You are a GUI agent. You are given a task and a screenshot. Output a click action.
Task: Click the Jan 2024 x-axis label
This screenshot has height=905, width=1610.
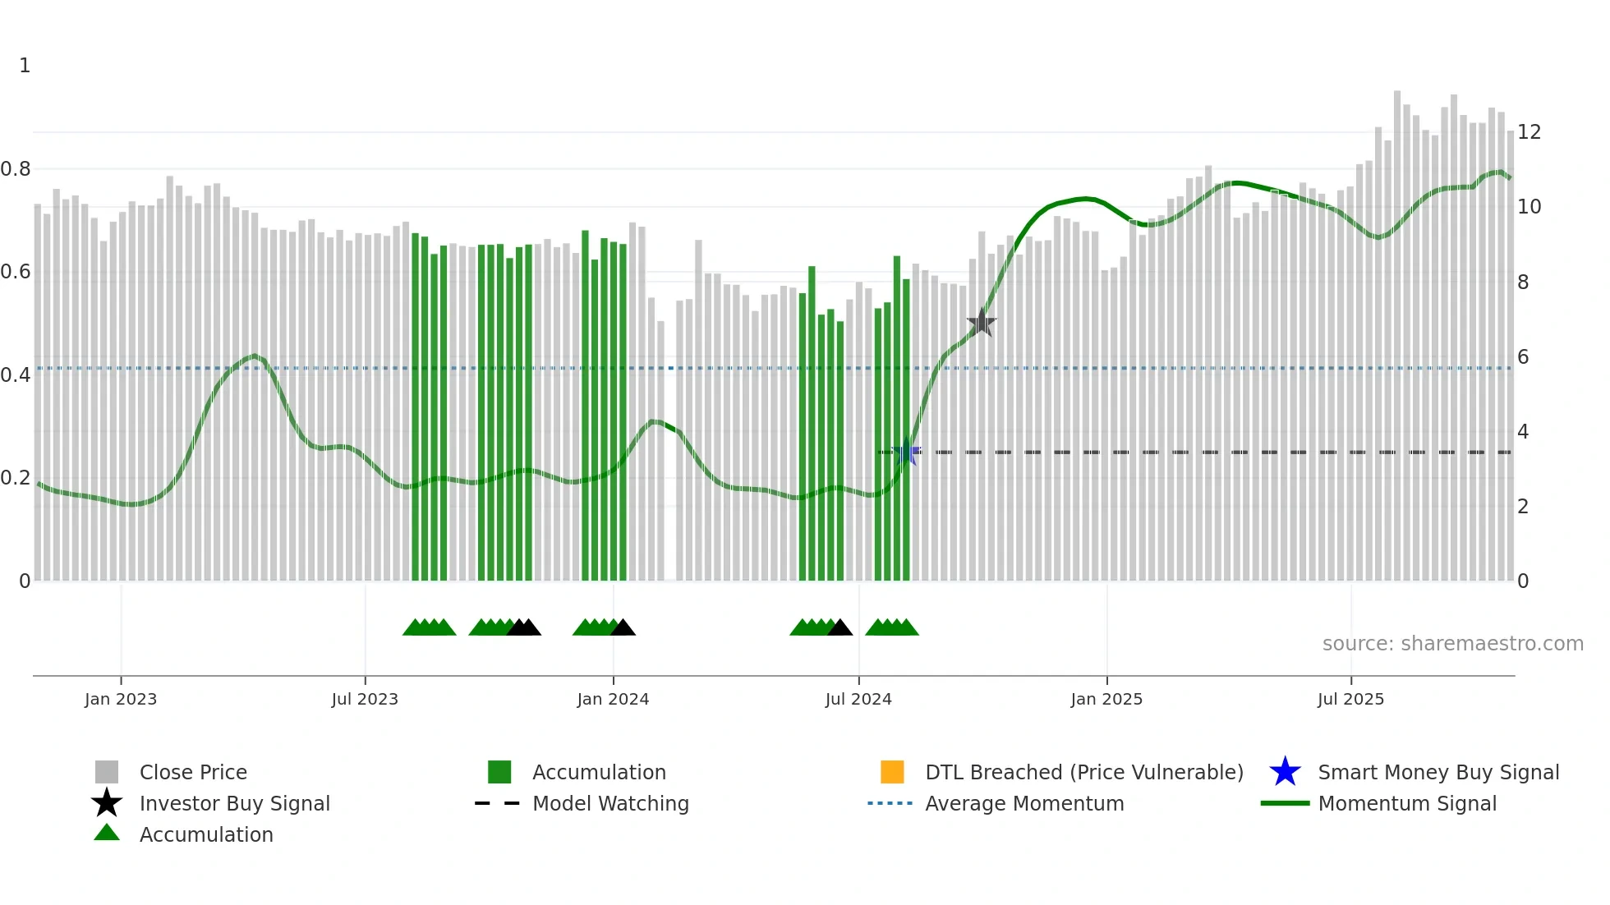pos(613,699)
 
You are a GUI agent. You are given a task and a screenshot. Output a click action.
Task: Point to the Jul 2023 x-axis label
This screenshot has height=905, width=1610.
pos(365,699)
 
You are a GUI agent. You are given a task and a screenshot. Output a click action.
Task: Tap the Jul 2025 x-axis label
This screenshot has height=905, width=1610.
pos(1350,699)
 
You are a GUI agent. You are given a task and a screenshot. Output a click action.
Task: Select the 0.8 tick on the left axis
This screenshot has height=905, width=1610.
pos(16,169)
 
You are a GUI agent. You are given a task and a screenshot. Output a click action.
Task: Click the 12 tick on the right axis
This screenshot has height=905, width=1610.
pos(1529,132)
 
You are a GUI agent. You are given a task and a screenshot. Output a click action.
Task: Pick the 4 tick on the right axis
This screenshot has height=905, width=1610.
pos(1523,432)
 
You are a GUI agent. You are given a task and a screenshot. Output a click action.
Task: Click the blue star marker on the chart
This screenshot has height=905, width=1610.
pos(906,452)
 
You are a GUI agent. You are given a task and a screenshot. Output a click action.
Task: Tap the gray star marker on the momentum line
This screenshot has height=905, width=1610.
pos(981,324)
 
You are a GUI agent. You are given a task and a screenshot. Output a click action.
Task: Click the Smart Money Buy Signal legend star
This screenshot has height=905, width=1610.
pos(1285,772)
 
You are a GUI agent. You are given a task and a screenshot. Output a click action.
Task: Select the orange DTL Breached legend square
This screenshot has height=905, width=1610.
pos(892,772)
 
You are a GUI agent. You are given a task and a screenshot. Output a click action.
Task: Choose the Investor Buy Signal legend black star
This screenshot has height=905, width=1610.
pos(107,803)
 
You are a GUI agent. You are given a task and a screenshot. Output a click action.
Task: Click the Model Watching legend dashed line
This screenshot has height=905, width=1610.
pos(498,803)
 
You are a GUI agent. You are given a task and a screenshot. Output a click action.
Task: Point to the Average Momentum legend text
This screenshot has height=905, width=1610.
pos(1024,803)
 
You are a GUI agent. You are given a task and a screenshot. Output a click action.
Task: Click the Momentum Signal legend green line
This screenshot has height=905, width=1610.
pos(1285,803)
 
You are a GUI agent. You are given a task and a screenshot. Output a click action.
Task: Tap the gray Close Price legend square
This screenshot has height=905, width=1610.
pos(107,772)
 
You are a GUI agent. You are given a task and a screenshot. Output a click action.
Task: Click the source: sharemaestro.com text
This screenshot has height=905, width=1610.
pos(1452,643)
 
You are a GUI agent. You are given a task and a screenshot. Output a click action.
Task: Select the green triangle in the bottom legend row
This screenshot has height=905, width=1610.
pos(107,833)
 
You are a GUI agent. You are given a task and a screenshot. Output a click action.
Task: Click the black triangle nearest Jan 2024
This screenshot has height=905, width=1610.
pos(623,628)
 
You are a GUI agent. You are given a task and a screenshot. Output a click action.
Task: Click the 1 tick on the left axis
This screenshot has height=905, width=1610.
pos(25,66)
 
